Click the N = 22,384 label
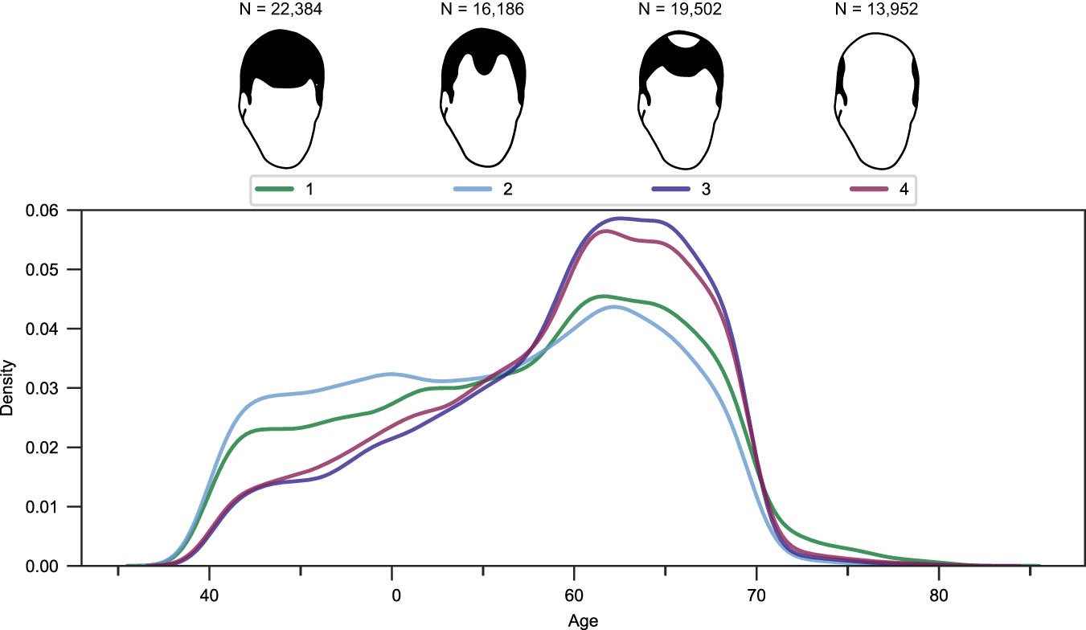pos(281,10)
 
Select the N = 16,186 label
pos(483,10)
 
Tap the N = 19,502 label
pos(681,10)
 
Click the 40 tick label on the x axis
pos(209,597)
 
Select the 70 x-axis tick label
pos(756,597)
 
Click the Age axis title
pos(583,620)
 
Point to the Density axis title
pos(8,388)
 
